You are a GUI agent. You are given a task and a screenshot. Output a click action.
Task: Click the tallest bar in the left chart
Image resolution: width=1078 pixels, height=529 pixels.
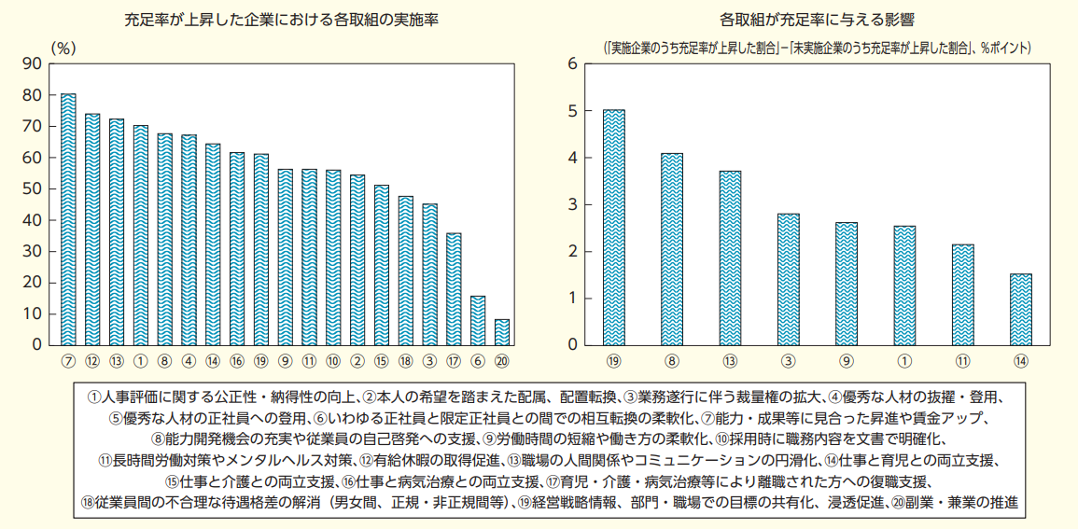point(68,219)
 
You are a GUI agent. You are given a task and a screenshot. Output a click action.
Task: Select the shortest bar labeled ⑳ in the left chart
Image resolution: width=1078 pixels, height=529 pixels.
point(502,332)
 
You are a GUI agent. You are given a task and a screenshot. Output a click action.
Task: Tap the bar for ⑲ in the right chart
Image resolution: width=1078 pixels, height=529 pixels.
point(614,228)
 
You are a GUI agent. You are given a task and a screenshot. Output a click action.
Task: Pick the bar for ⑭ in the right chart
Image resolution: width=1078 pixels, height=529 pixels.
point(1021,310)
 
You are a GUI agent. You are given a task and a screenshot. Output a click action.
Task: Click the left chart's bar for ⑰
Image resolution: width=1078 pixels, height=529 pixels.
point(454,289)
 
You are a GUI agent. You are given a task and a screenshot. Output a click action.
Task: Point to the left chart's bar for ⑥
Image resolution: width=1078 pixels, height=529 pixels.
point(478,321)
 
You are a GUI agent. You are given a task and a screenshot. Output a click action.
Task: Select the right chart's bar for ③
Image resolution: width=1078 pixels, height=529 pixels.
point(789,279)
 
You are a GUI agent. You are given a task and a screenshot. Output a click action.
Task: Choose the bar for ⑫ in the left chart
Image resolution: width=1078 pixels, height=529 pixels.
point(92,230)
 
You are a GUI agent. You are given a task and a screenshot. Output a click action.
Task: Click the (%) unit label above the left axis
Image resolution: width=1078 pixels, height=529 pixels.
point(63,45)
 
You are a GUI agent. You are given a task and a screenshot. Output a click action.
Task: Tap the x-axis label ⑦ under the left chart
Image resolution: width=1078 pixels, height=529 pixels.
point(68,360)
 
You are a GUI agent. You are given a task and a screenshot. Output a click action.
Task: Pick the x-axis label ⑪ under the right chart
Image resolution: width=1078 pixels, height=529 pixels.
point(962,360)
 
